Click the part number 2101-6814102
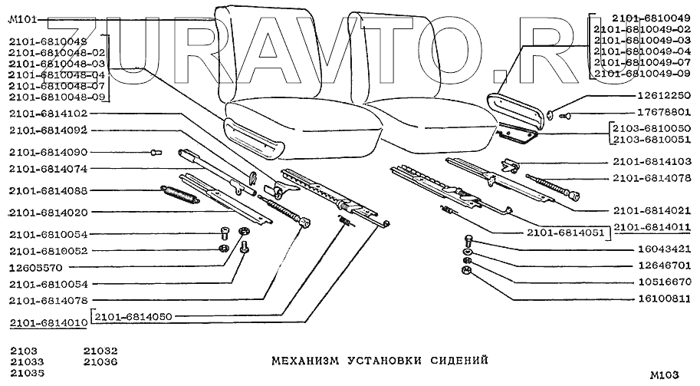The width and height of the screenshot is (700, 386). (x=48, y=114)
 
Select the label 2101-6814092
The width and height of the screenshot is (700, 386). (x=48, y=130)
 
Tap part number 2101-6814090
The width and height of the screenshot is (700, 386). (x=48, y=152)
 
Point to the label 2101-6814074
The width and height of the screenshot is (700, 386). (x=48, y=169)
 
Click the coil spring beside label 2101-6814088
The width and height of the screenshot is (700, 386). (x=181, y=193)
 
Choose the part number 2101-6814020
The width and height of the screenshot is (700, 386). (x=48, y=212)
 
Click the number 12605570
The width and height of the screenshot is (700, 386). (x=37, y=267)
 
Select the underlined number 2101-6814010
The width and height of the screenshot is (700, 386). (x=48, y=323)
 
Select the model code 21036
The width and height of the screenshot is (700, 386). (x=100, y=361)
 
